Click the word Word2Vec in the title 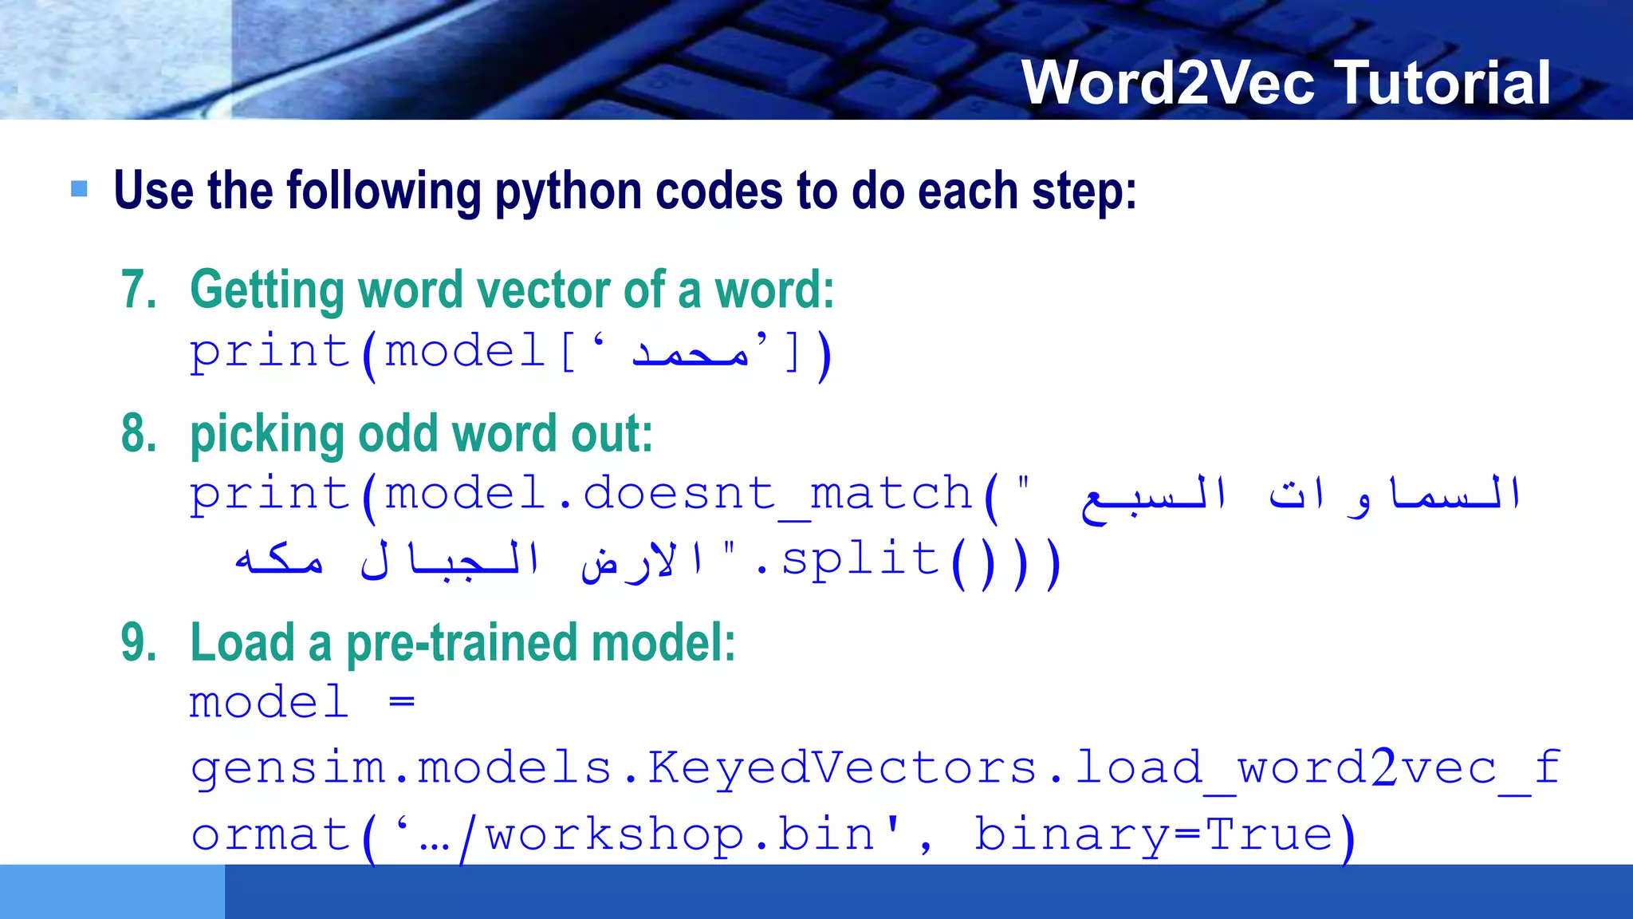[1168, 83]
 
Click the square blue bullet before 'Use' [79, 189]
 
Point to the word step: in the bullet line [1084, 191]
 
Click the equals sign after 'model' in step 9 [402, 702]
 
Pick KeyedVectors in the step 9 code [841, 767]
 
